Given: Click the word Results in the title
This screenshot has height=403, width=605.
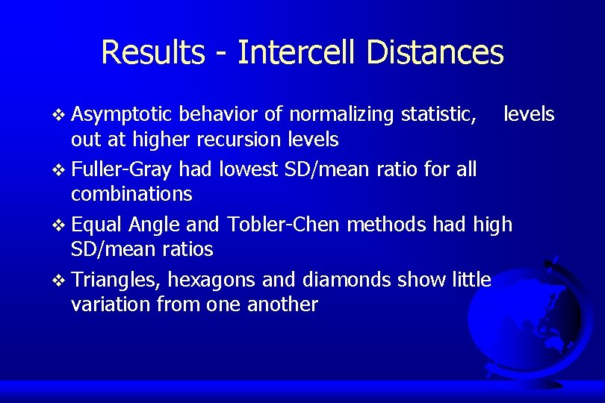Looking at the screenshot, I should (152, 52).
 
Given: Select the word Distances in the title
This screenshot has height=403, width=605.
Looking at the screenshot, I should (435, 52).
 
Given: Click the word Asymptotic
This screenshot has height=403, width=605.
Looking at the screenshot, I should (123, 114).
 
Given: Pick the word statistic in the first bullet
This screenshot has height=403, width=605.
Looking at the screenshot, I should (438, 114).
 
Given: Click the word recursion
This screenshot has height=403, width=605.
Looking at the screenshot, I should (252, 140).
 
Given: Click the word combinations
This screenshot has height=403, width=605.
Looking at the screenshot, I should (131, 195).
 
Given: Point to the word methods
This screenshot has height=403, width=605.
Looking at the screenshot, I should (381, 224).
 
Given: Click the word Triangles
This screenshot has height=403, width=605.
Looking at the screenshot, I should (118, 280).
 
